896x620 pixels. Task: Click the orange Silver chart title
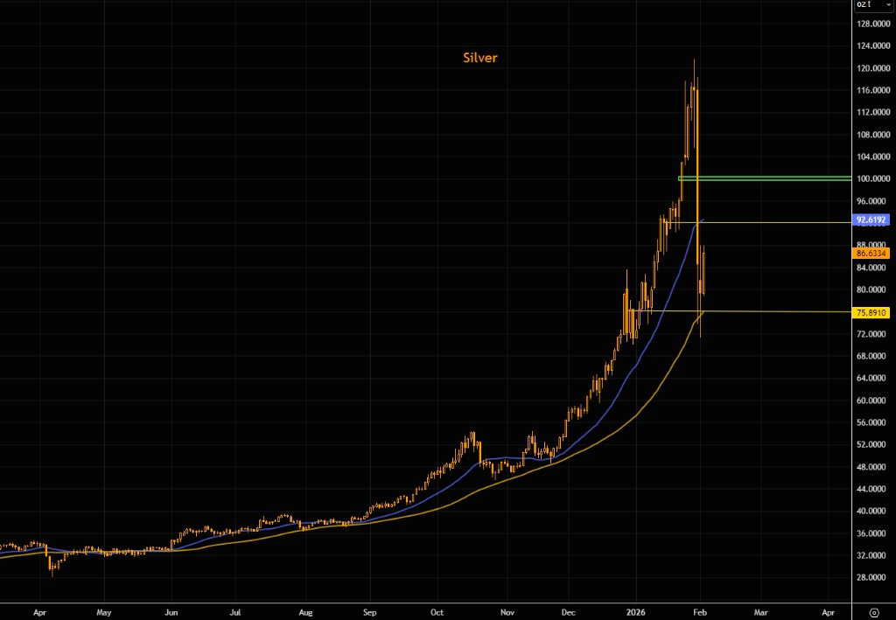[x=480, y=58]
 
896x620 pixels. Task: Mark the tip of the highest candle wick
[x=695, y=59]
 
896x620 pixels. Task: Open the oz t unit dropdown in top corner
[x=871, y=5]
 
